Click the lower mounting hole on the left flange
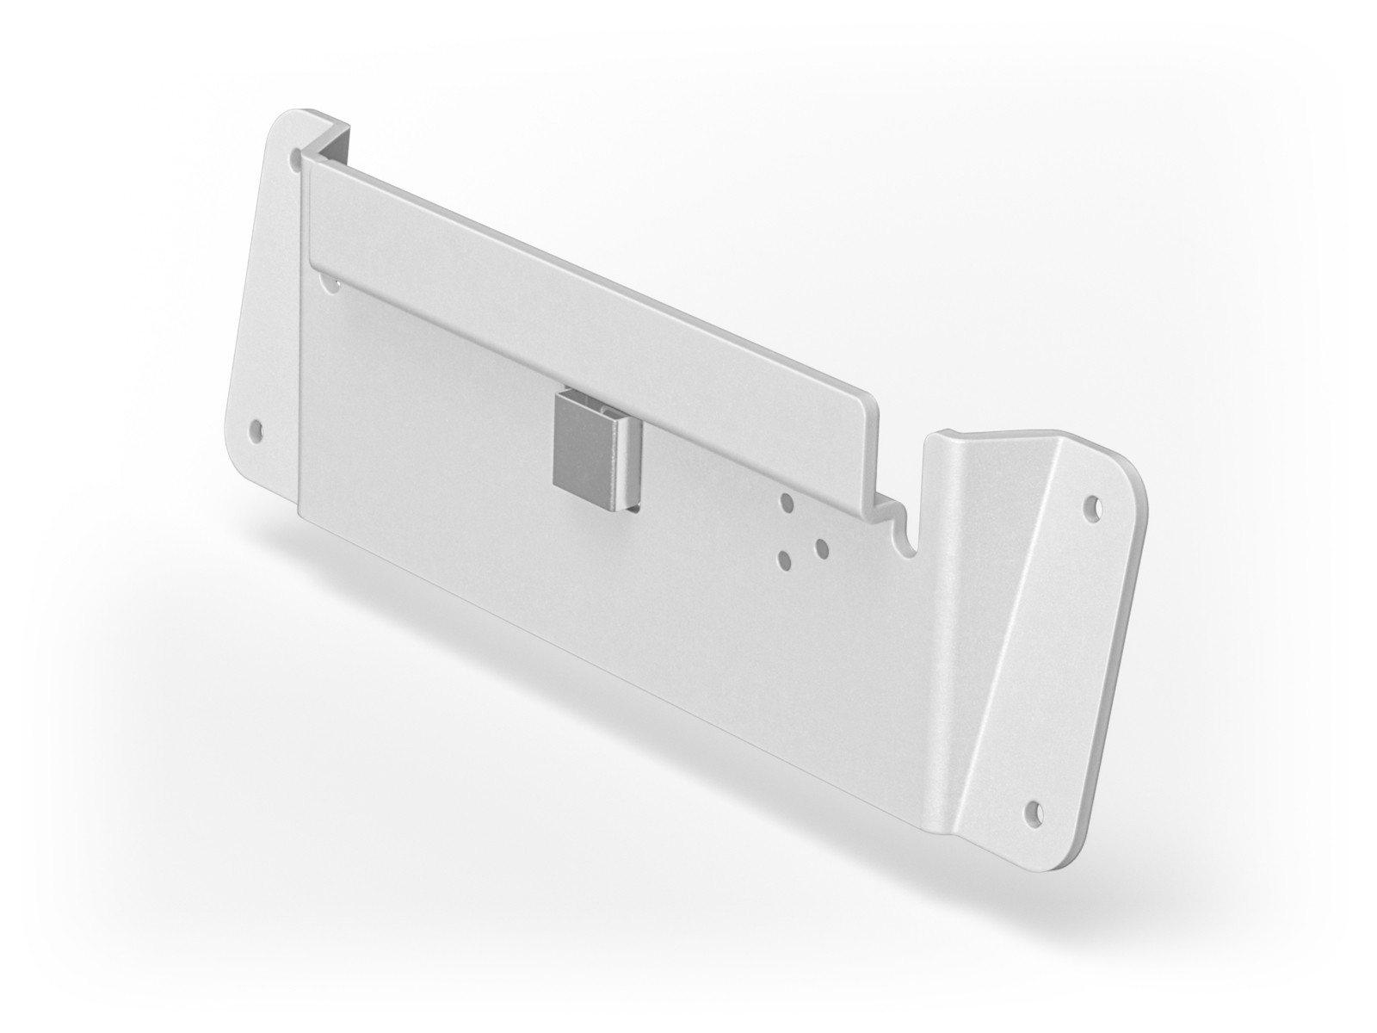(x=254, y=427)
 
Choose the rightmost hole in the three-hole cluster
(x=820, y=546)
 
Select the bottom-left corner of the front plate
(x=301, y=514)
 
